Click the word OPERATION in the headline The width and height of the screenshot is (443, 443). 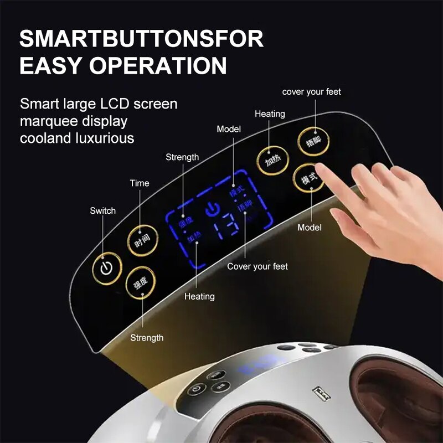[166, 65]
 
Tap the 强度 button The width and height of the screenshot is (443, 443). [141, 283]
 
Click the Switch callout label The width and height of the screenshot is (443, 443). [103, 211]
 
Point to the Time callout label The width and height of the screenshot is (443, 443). [140, 183]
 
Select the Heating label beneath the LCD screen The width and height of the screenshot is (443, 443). [199, 297]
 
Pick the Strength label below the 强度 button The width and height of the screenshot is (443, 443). [147, 338]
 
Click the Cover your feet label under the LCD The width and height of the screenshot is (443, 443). [257, 267]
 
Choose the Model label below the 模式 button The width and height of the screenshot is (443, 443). [310, 228]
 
